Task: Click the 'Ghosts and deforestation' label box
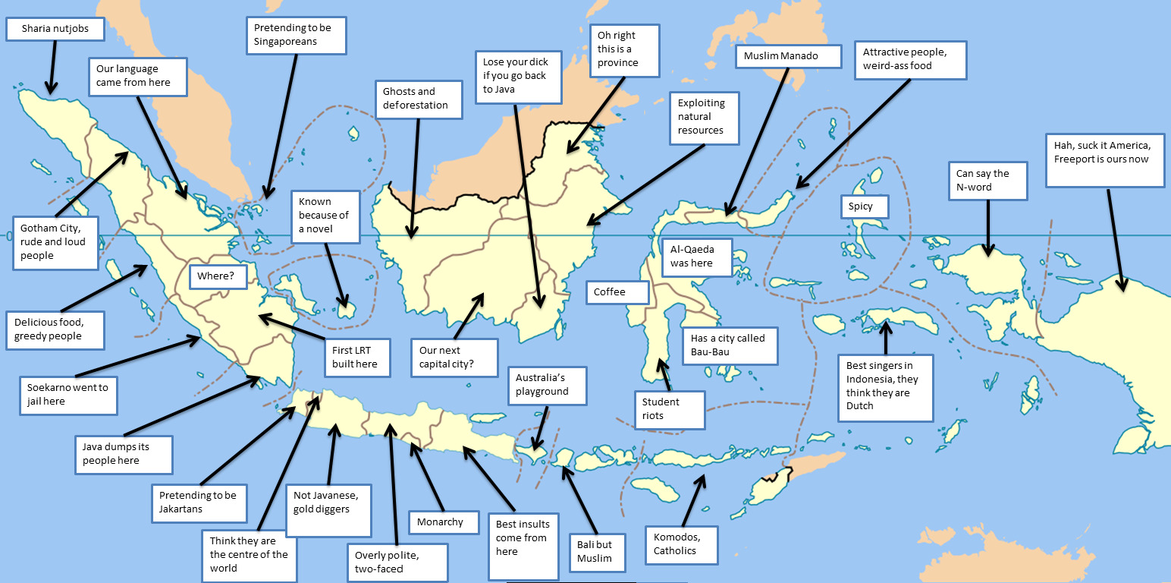(x=419, y=99)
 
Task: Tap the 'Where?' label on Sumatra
(x=217, y=276)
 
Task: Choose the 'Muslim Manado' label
(x=788, y=57)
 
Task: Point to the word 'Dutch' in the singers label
(x=860, y=406)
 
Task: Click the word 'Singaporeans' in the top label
(x=285, y=42)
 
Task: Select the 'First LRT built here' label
(x=359, y=358)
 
